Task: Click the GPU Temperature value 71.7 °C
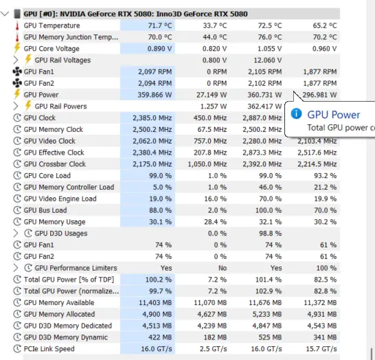pos(160,25)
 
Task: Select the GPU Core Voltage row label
pos(52,49)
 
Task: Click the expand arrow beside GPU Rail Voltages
pos(16,60)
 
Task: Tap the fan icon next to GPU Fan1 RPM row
pos(17,71)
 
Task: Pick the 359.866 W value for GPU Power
pos(155,95)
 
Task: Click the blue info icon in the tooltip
pos(296,113)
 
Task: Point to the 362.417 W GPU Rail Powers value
pos(264,106)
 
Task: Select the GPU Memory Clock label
pos(54,129)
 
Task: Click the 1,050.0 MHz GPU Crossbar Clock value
pos(207,164)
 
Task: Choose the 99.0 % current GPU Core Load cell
pos(160,176)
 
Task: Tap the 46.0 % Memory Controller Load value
pos(270,188)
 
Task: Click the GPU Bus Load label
pos(45,210)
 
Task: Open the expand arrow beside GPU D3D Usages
pos(16,233)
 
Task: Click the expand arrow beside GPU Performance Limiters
pos(16,268)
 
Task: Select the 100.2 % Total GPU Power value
pos(159,280)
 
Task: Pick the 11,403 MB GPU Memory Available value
pos(155,302)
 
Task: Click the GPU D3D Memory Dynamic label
pos(65,337)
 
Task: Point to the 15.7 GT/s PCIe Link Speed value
pos(321,349)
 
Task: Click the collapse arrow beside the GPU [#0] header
pos(5,14)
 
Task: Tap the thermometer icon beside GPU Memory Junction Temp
pos(17,37)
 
